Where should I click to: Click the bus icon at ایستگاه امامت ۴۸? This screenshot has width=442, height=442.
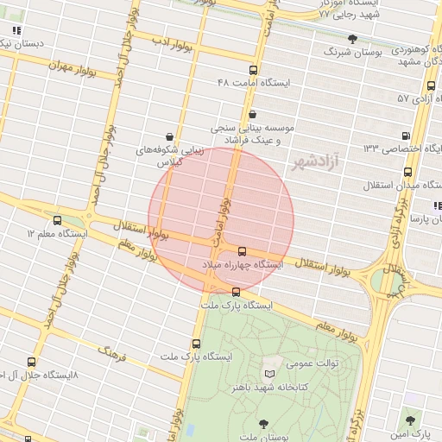(252, 70)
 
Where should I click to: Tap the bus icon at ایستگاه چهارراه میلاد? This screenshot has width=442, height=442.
(241, 250)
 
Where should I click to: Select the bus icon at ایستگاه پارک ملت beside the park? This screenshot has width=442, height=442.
(237, 291)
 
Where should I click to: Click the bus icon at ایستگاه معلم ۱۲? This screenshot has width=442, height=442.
(58, 220)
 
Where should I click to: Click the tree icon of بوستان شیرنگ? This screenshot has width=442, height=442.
(352, 39)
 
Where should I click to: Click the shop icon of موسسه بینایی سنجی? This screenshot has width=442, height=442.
(251, 114)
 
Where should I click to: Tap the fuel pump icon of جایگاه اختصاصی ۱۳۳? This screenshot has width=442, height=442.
(406, 136)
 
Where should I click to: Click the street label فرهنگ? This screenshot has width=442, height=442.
(112, 353)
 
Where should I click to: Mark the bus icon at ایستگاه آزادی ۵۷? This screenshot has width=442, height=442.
(431, 85)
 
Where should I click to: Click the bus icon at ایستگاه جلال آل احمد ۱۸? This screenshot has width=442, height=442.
(31, 362)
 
